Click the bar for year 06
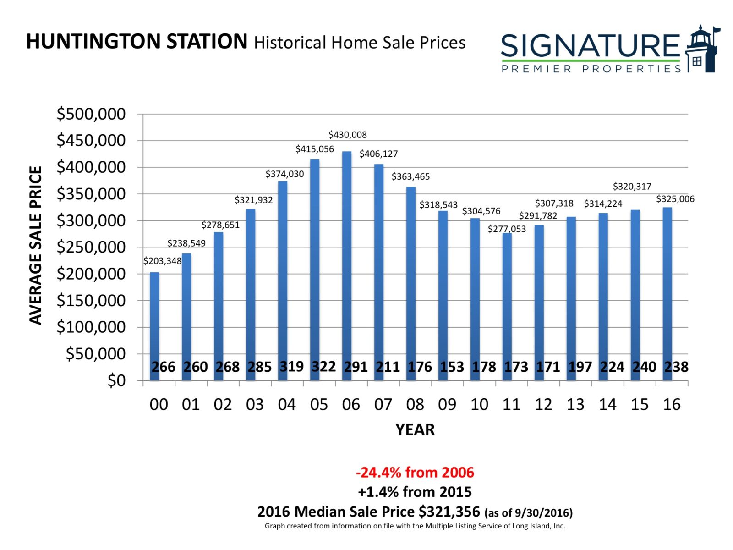coord(347,257)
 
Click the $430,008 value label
coord(348,135)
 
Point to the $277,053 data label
coord(507,229)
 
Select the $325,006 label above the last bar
coord(675,199)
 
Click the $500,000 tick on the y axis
coord(91,114)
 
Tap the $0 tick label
coord(116,380)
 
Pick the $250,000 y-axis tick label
coord(91,247)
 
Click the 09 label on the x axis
coord(447,404)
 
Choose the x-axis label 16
coord(672,404)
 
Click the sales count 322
coord(324,367)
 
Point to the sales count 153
coord(452,367)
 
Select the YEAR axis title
coord(415,429)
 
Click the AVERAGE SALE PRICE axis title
coord(36,245)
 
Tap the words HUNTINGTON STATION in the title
coord(137,42)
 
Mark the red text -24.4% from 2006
coord(415,472)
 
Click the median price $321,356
coord(449,511)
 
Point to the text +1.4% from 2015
coord(415,492)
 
